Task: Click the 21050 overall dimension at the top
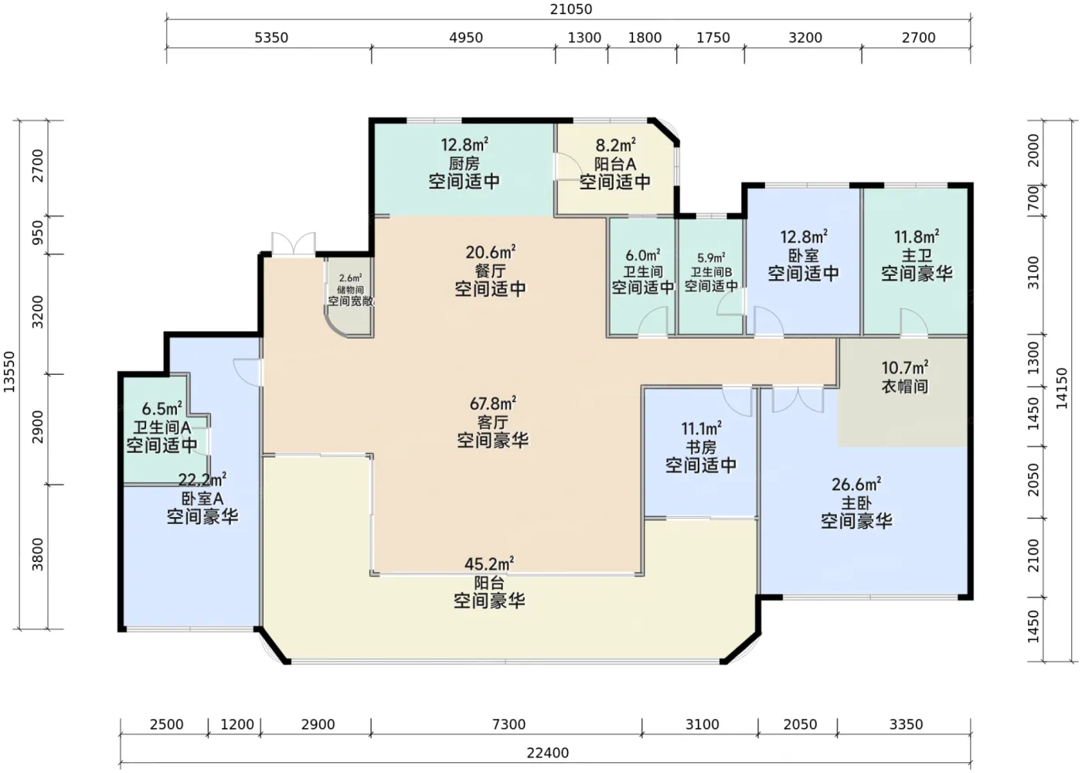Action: (571, 9)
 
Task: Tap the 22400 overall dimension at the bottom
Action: (547, 753)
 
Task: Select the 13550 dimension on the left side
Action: (9, 372)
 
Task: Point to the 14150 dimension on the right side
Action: (1062, 388)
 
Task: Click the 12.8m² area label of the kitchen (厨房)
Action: (464, 144)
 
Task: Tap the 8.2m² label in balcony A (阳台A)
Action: (615, 145)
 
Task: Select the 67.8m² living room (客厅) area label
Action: (493, 403)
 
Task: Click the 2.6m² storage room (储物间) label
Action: (350, 278)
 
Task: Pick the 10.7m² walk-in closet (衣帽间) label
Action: (905, 368)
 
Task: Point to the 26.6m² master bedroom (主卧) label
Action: (856, 484)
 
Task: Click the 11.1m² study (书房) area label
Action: (702, 428)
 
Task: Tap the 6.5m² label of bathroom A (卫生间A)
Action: (162, 408)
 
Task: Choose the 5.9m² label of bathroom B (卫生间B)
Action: (711, 258)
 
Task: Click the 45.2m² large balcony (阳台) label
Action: (489, 564)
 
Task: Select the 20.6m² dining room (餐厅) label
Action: (490, 252)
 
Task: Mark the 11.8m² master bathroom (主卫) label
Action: (917, 237)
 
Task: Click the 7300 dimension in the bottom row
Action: (509, 724)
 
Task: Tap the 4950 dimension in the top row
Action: (465, 37)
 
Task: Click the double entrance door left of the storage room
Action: (294, 243)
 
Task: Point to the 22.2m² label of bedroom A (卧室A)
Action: (202, 480)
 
